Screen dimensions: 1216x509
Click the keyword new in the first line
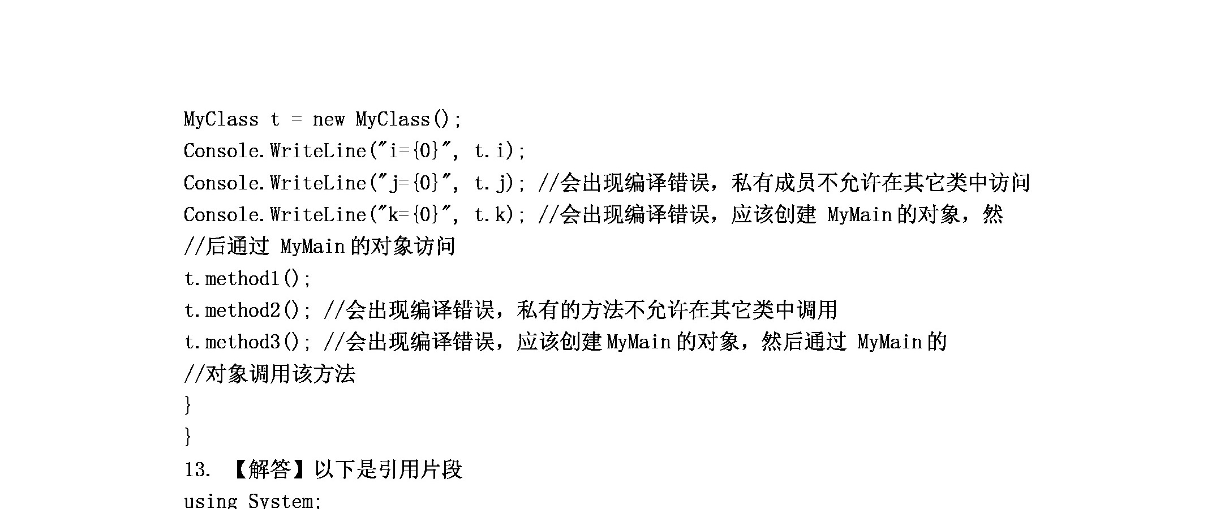(x=328, y=120)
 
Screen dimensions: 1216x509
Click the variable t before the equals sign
(x=275, y=120)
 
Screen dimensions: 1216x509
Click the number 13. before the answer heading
(x=197, y=469)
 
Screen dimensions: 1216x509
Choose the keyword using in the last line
(x=211, y=501)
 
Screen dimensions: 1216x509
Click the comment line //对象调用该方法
(x=270, y=374)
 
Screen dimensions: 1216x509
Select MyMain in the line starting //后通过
(x=312, y=247)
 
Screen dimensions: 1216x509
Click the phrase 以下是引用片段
(x=389, y=469)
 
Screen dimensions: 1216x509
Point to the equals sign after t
(x=297, y=120)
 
